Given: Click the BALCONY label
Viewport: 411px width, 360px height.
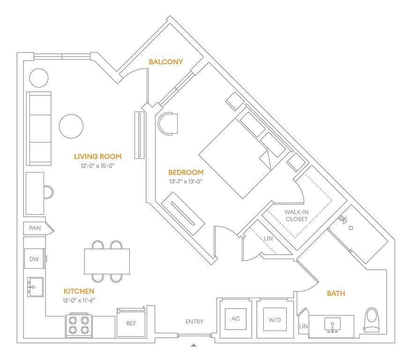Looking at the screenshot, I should point(165,61).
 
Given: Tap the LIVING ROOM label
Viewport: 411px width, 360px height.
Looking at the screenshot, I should point(97,157).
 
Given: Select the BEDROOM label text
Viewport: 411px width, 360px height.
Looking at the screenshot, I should point(186,172).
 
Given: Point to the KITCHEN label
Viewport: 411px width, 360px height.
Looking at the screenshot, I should point(79,291).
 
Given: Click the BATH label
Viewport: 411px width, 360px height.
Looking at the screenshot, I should point(336,293).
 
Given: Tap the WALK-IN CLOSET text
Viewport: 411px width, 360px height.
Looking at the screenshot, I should point(296,216).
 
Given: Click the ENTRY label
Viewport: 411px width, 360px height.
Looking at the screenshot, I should point(194,322).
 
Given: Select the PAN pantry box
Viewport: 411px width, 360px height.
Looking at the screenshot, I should point(35,228).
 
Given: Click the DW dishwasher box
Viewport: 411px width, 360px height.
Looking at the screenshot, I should point(35,259).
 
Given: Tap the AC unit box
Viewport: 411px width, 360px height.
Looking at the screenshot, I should point(236,318).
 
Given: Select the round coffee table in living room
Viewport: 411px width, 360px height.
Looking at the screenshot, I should point(71,126).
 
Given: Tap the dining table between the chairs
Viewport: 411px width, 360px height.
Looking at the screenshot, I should point(107,261).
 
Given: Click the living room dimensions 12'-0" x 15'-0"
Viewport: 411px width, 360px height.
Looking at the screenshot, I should point(97,165).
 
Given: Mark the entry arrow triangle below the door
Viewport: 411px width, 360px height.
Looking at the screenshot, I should point(194,345).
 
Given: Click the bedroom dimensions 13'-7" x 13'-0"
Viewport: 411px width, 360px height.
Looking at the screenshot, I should point(186,181).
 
